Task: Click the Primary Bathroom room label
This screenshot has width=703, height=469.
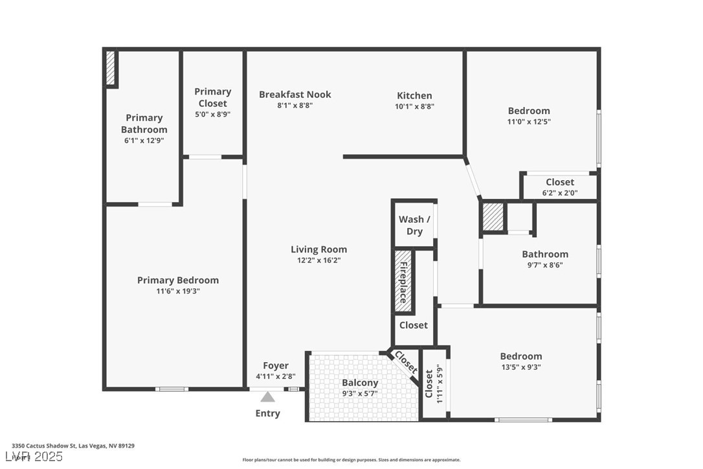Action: (144, 123)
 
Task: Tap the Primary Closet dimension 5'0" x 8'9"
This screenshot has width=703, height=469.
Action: (212, 114)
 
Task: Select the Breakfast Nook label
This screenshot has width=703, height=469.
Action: (295, 95)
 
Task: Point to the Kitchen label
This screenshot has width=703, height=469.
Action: (414, 95)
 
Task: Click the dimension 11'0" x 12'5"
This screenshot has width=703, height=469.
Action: (529, 122)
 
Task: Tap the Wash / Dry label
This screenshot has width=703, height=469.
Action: (414, 225)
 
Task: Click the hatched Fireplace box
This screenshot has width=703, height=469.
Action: (403, 282)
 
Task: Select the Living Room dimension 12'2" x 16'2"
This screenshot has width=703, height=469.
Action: (318, 260)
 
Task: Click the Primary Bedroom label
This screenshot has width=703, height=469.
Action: (177, 280)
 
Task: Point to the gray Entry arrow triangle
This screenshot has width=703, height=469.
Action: (268, 396)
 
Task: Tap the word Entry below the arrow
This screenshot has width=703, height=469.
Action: (268, 413)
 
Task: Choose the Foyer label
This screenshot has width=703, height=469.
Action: (276, 366)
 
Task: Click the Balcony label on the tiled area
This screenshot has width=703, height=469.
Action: (360, 383)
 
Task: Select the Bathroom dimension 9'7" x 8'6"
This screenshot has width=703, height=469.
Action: (545, 264)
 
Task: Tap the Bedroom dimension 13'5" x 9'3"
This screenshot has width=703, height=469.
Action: (520, 367)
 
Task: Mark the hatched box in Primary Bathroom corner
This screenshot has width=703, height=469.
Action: (110, 68)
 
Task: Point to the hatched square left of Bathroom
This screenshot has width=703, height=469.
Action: (493, 217)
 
